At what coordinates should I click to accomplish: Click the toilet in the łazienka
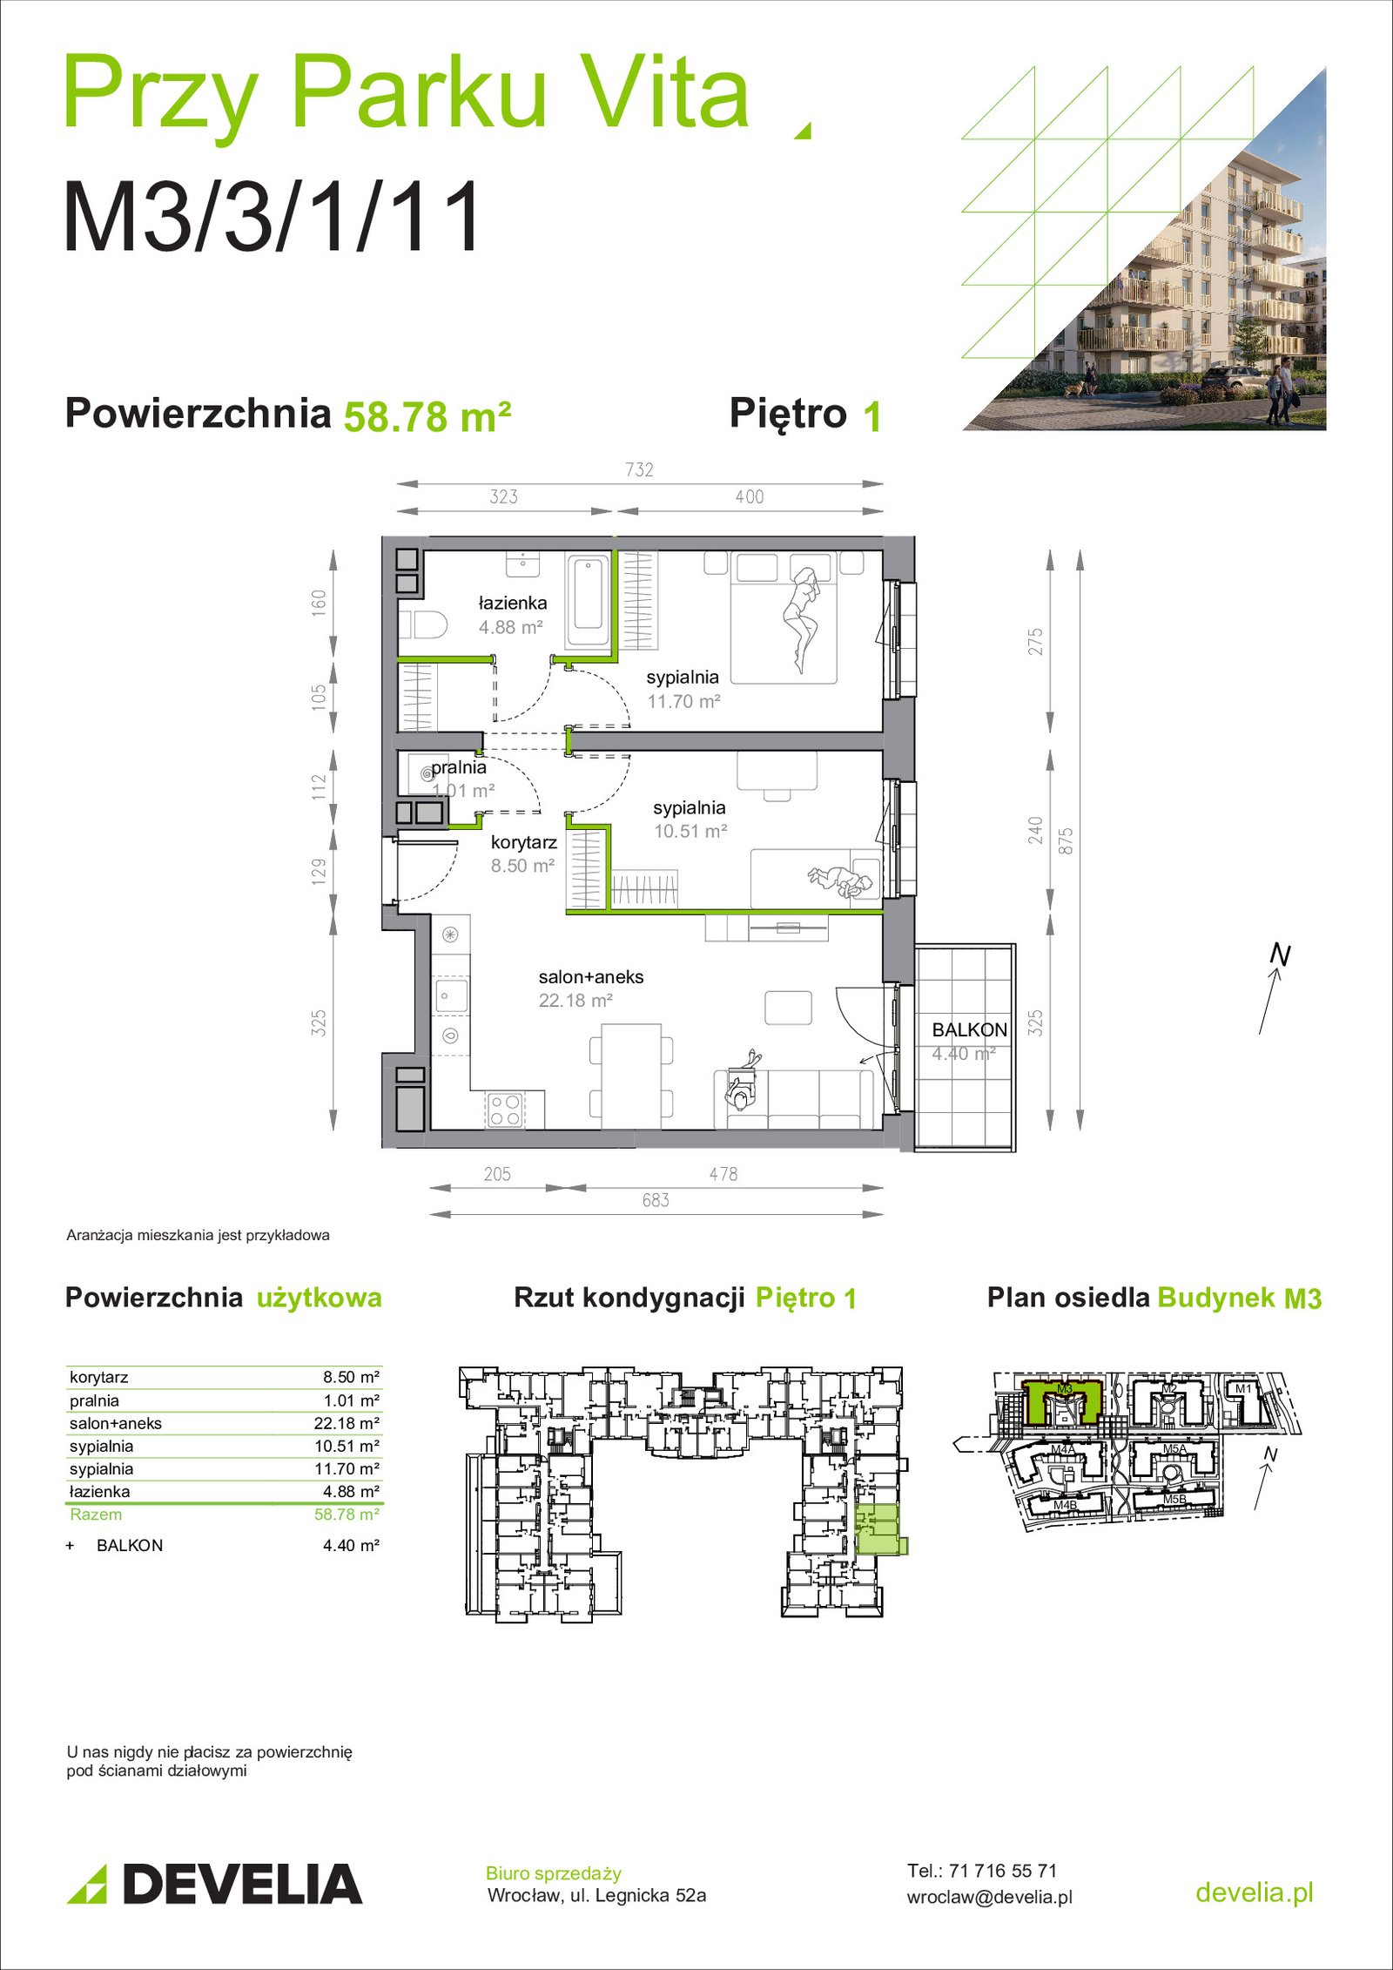pos(423,624)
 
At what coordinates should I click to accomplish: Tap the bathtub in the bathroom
pos(588,602)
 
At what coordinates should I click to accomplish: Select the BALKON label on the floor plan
pos(969,1029)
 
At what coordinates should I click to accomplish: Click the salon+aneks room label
pos(591,977)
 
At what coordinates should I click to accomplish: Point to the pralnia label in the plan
pos(459,767)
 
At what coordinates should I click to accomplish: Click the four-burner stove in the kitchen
pos(505,1110)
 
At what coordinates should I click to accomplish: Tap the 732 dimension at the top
pos(639,469)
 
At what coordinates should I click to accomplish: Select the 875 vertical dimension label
pos(1065,840)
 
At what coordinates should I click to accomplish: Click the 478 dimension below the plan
pos(723,1174)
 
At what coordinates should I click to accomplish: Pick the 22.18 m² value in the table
pos(347,1423)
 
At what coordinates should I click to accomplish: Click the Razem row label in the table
pos(96,1515)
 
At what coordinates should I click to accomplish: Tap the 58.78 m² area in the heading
pos(427,416)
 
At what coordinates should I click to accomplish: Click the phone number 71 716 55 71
pos(1003,1871)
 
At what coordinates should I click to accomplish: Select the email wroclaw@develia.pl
pos(990,1897)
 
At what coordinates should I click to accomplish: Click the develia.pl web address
pos(1255,1892)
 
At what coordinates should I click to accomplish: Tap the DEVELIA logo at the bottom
pos(214,1884)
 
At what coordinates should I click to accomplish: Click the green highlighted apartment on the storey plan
pos(879,1530)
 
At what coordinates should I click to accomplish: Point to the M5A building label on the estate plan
pos(1174,1449)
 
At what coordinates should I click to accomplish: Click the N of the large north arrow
pos(1280,955)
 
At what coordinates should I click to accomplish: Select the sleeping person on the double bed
pos(803,619)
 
